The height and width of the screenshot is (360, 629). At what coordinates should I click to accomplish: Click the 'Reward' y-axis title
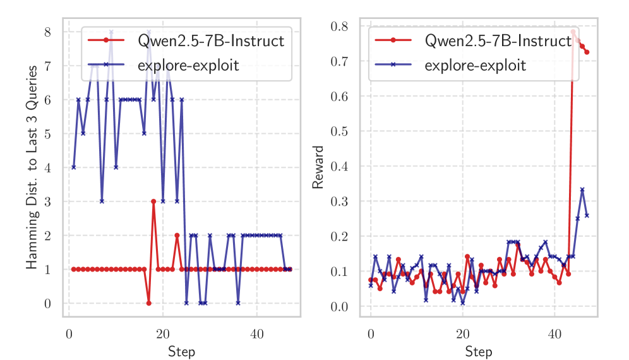318,167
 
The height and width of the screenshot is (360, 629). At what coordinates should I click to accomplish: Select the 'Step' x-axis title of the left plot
181,351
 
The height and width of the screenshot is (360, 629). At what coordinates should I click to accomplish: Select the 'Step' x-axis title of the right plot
478,351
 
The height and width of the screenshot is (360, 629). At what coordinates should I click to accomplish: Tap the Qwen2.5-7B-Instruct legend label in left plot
210,42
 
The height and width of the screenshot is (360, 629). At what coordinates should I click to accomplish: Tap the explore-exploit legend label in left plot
188,64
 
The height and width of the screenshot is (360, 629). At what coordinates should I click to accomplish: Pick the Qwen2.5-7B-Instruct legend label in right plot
498,42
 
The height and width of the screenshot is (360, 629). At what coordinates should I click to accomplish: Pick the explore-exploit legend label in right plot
476,64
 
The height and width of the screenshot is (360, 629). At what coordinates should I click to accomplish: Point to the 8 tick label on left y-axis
47,32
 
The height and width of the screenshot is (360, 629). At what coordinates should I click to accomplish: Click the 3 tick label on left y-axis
47,201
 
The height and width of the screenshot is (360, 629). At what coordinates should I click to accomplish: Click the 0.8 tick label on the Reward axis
339,27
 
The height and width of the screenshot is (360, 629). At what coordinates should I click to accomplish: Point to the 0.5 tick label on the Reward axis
339,131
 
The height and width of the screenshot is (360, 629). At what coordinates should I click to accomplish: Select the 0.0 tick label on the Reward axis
339,307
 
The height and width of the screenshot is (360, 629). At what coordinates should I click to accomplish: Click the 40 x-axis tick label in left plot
256,334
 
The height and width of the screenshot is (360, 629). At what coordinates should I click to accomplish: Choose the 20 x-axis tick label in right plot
462,334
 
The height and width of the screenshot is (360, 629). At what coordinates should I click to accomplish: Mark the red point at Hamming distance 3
153,201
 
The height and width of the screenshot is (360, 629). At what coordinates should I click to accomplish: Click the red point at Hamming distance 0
149,303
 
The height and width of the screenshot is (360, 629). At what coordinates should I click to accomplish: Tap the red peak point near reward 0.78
573,32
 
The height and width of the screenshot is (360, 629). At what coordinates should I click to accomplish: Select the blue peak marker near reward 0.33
582,189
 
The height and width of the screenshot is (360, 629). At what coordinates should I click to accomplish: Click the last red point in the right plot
587,52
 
